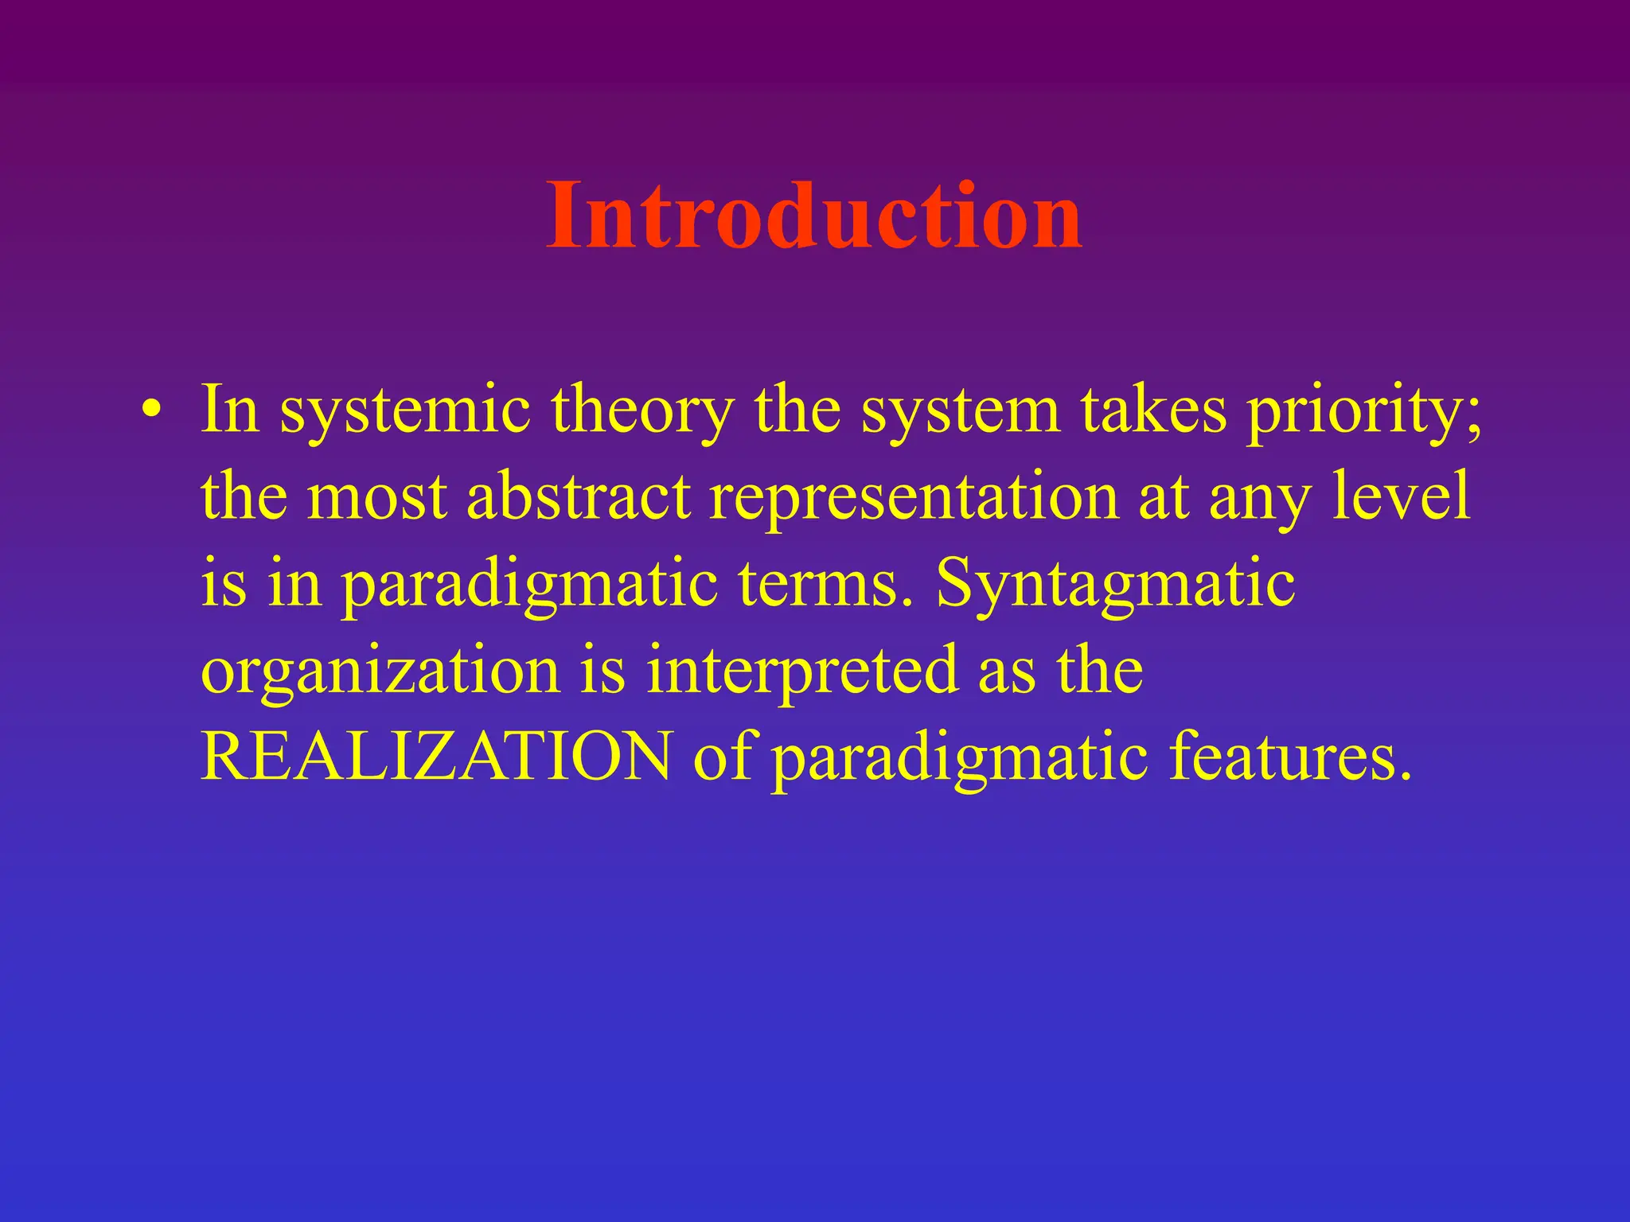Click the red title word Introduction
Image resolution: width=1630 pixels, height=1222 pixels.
813,216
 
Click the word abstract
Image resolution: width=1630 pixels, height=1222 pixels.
579,497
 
